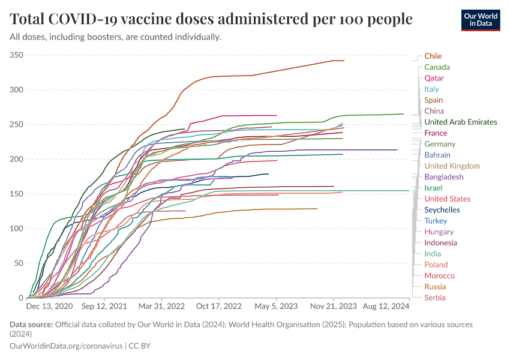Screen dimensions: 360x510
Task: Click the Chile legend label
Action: pos(433,56)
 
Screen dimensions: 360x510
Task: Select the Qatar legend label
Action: pos(434,79)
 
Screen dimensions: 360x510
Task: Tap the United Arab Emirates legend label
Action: pos(460,122)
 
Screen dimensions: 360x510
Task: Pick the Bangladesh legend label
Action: pos(443,177)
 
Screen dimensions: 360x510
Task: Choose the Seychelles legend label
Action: pos(442,210)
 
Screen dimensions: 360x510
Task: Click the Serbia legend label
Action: pos(434,298)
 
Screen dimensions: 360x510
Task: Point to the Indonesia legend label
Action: pos(440,243)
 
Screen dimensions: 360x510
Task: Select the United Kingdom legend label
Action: pos(452,166)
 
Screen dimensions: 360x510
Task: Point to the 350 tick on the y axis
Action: pos(16,56)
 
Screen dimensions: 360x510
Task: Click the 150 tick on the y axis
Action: pos(16,194)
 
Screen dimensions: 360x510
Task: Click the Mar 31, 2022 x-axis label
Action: pos(161,306)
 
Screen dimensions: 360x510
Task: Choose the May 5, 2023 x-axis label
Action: pos(276,306)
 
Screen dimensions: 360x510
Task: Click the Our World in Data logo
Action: pos(480,20)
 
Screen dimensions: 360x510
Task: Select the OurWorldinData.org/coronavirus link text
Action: pos(66,346)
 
